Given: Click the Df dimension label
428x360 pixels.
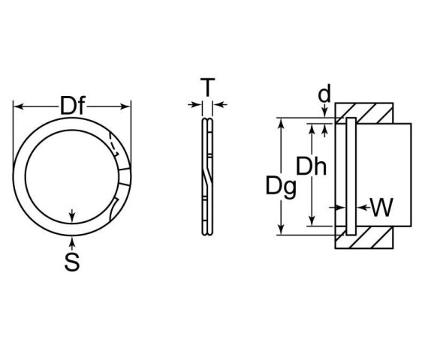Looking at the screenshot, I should point(72,107).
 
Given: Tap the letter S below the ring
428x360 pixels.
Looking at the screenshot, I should point(72,262).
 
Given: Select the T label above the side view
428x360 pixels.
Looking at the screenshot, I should point(207,88).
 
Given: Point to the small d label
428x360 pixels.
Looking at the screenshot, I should point(324,94).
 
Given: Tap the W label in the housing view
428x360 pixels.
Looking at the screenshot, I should point(381,207).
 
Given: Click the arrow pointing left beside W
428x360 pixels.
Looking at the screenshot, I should point(360,207).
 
